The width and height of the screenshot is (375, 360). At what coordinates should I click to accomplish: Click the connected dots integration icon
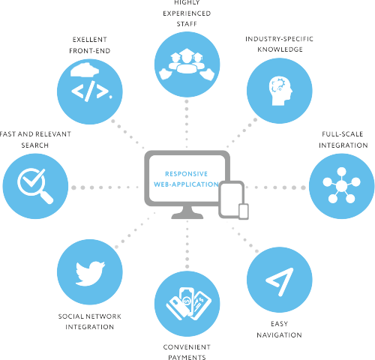point(340,184)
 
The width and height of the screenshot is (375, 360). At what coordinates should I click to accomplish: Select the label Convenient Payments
point(187,352)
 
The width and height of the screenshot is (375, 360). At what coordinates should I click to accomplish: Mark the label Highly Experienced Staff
point(187,13)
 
